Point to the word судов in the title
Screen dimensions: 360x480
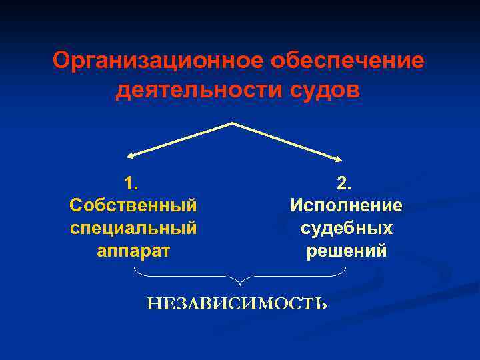tap(322, 89)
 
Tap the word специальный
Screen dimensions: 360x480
tap(133, 228)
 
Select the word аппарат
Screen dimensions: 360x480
tap(133, 251)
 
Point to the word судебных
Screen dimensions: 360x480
tap(346, 228)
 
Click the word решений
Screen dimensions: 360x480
tap(346, 251)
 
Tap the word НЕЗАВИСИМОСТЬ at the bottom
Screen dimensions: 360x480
tap(237, 304)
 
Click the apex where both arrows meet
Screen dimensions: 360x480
tap(232, 123)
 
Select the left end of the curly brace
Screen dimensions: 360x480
tap(135, 268)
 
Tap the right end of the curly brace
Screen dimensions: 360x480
tap(346, 268)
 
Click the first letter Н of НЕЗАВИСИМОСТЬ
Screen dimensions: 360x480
tap(153, 304)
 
